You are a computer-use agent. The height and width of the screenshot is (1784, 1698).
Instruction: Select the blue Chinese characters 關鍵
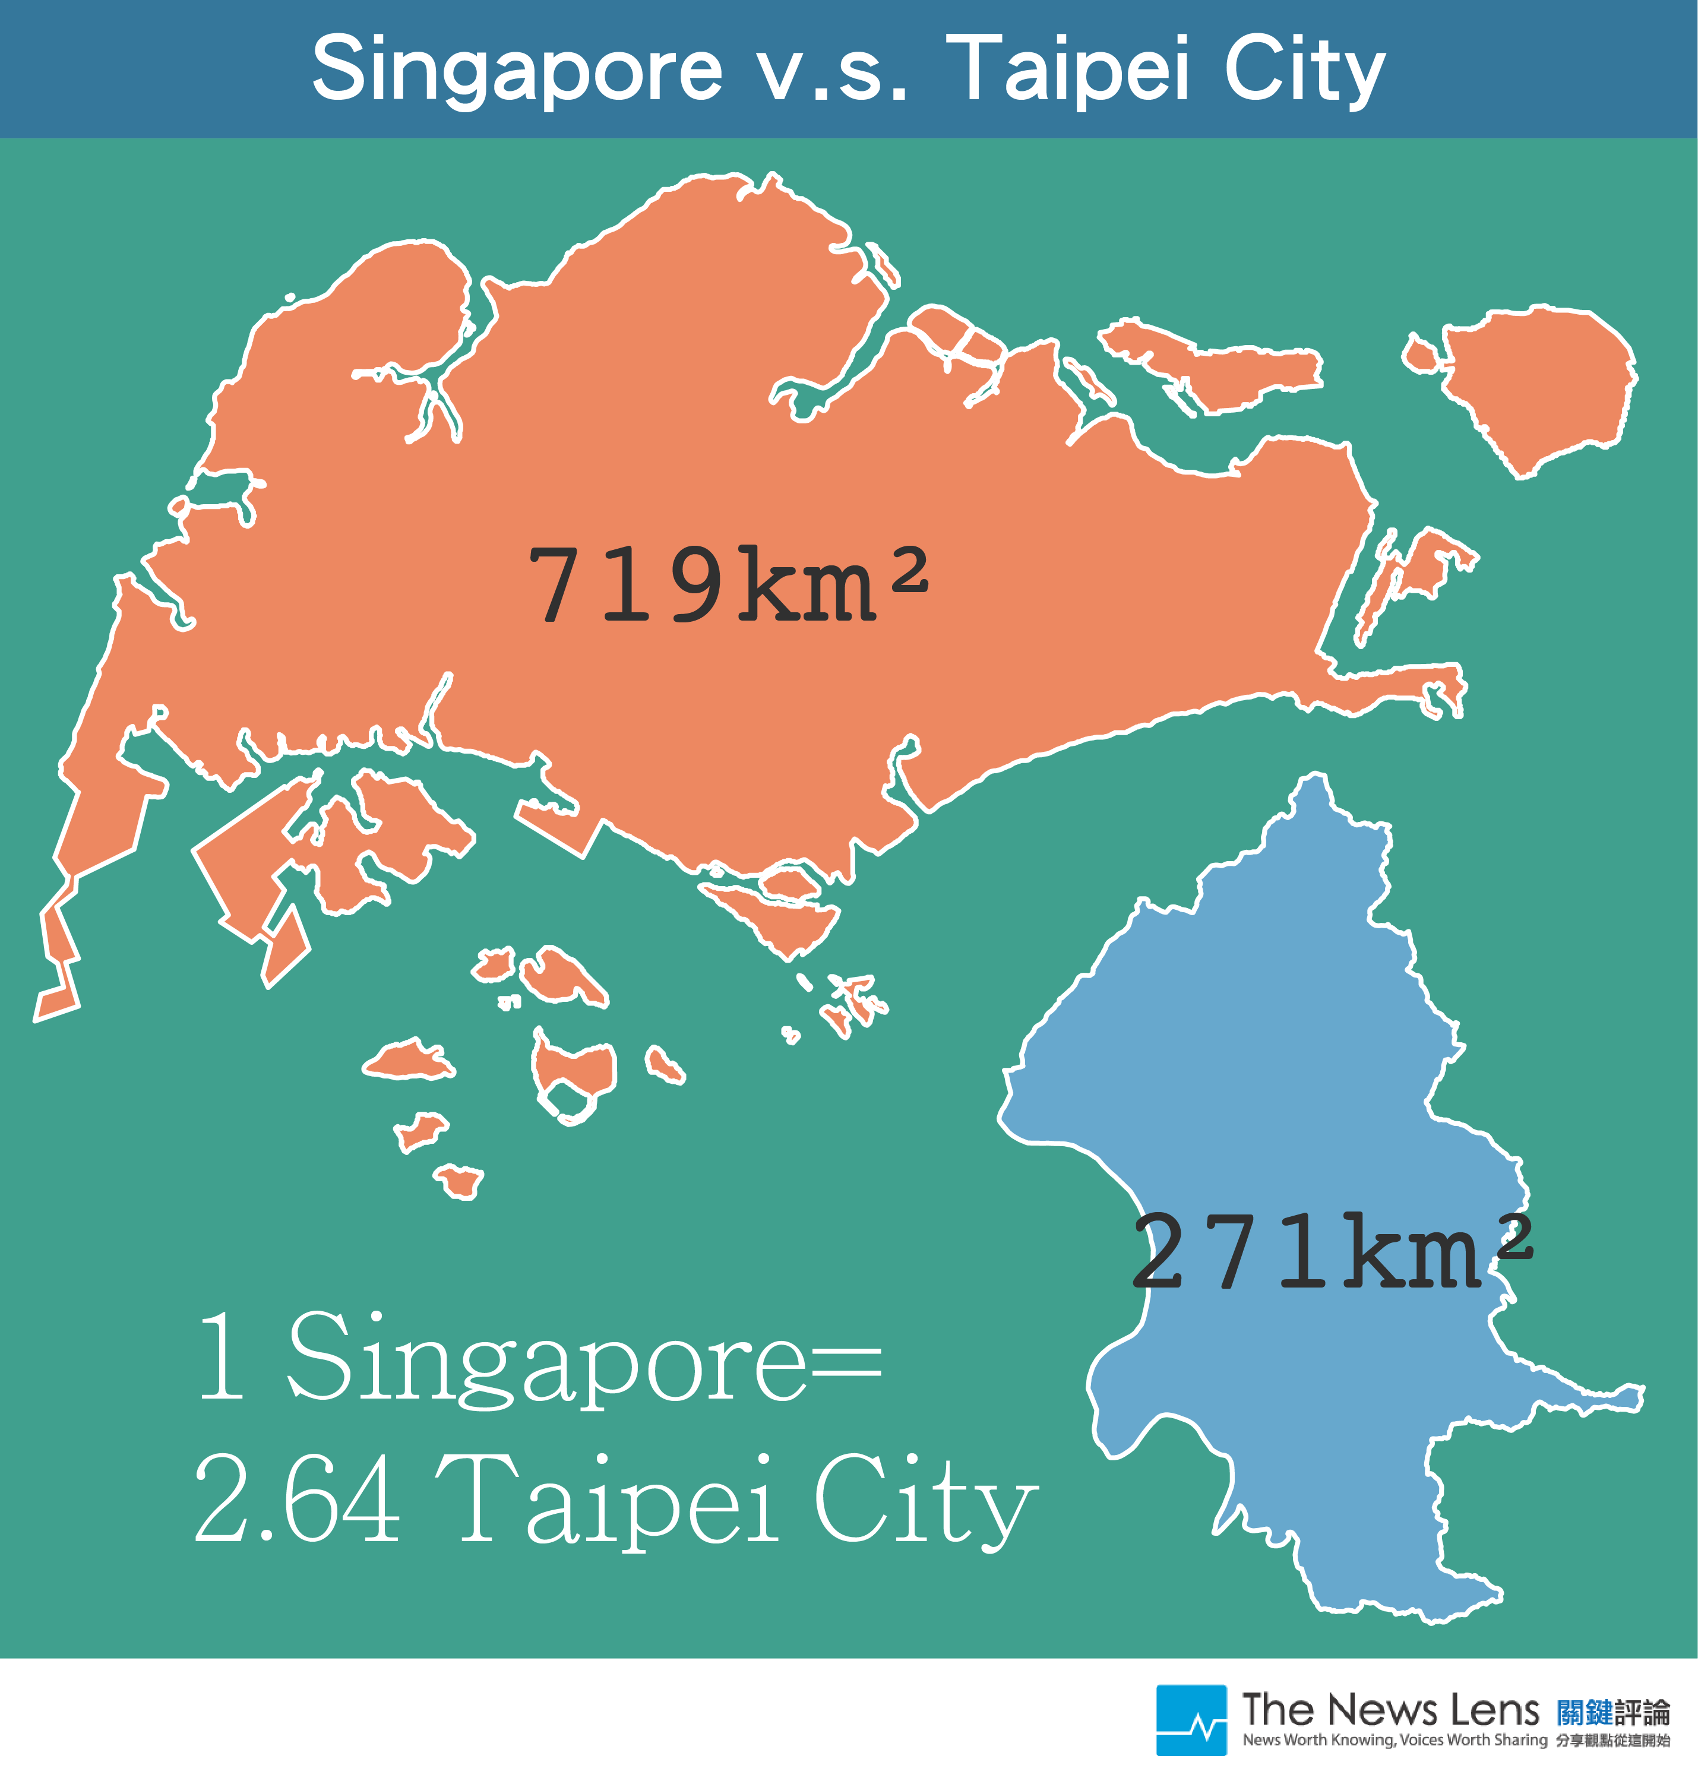1585,1712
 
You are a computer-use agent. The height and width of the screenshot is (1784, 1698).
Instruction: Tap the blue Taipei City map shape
1313,1086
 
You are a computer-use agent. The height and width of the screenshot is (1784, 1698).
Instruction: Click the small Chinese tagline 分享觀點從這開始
1613,1739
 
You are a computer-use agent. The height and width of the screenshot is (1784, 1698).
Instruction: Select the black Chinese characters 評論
1642,1712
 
